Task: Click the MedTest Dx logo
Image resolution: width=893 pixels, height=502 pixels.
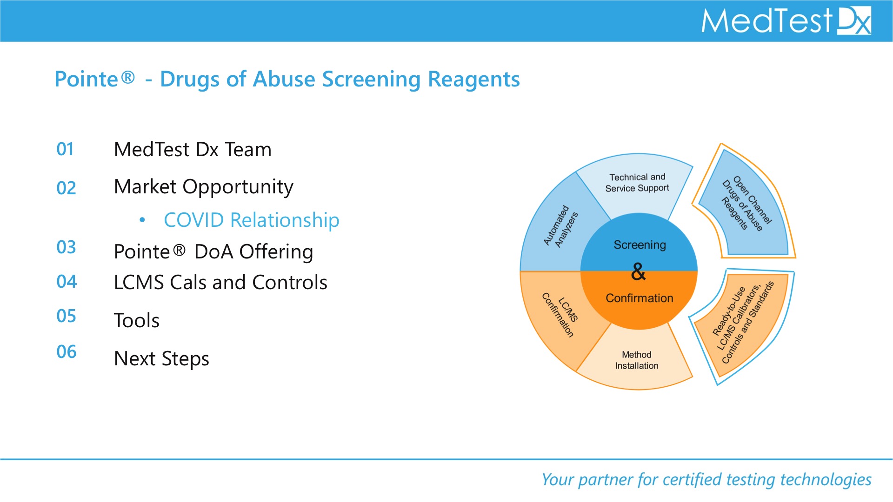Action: click(x=786, y=21)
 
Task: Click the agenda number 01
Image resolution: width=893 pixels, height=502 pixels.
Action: click(x=65, y=149)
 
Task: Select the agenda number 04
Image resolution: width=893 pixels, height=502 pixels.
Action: click(x=67, y=282)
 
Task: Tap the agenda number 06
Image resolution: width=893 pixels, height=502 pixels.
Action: click(x=67, y=352)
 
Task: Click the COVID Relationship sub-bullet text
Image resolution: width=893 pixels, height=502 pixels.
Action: click(x=251, y=220)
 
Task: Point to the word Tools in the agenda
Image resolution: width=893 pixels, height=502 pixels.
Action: click(x=137, y=320)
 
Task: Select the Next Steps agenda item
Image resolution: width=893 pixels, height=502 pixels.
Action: click(x=161, y=358)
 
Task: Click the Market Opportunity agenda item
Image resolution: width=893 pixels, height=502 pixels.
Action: click(x=204, y=187)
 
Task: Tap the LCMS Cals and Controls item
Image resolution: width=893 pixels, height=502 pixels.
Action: click(x=220, y=282)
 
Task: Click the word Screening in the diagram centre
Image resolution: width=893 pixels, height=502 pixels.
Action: click(x=640, y=245)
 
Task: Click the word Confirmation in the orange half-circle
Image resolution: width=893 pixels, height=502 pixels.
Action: click(x=639, y=298)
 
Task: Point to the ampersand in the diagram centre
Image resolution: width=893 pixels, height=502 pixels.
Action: click(x=639, y=272)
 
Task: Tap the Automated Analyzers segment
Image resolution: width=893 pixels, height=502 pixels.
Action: click(x=560, y=226)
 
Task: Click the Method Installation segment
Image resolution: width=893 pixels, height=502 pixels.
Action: click(x=637, y=360)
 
